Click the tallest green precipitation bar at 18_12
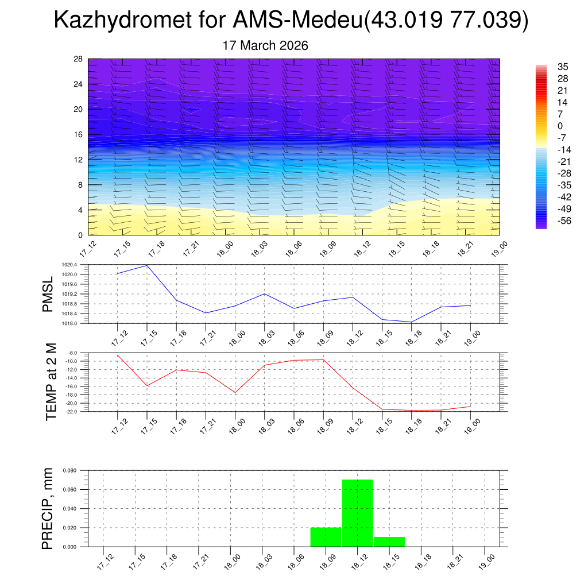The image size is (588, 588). point(358,513)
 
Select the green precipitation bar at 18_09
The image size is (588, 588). point(326,537)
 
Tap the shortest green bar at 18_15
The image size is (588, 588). point(389,541)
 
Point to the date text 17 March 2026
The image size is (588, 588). point(265,45)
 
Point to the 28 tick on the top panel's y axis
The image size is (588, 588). point(78,59)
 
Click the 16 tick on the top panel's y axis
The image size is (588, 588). point(78,134)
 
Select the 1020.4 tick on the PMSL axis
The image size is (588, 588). point(68,265)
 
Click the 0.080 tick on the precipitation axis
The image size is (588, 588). point(69,470)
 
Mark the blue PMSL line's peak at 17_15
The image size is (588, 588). point(147,265)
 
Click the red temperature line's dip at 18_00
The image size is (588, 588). point(235,393)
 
